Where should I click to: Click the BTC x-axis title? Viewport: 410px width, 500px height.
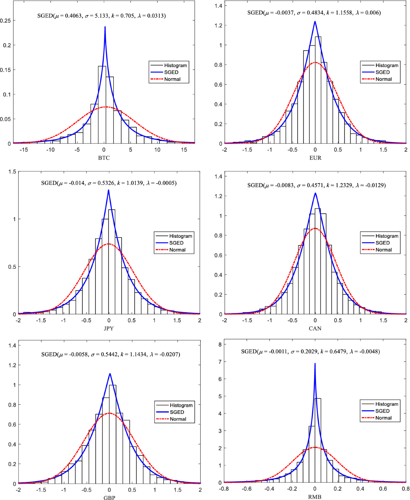click(x=104, y=158)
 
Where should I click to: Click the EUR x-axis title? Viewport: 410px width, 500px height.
click(x=315, y=158)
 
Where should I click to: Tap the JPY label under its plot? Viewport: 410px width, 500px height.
click(x=109, y=328)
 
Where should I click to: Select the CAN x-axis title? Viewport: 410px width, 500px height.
click(x=315, y=328)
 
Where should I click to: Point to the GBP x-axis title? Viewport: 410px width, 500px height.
click(x=109, y=498)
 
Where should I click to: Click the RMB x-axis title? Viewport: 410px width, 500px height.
click(x=315, y=497)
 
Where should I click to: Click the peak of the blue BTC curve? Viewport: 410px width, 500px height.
click(x=105, y=27)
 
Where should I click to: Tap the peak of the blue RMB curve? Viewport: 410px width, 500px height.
click(x=315, y=364)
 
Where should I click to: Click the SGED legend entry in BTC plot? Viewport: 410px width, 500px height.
click(x=171, y=72)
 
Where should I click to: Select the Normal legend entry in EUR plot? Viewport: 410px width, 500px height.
click(x=383, y=79)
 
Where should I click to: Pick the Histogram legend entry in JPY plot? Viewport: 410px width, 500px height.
click(x=180, y=236)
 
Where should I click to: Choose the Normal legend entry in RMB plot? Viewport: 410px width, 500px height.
click(x=383, y=418)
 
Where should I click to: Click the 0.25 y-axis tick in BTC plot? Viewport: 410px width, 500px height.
click(x=5, y=21)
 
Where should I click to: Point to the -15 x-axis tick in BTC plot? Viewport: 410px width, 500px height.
click(x=24, y=150)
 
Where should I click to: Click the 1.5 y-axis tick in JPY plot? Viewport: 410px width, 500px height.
click(x=12, y=171)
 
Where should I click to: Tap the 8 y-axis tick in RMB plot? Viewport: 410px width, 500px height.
click(x=220, y=345)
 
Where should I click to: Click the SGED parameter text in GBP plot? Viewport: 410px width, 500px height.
click(x=111, y=354)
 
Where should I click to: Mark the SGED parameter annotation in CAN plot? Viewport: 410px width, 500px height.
click(x=316, y=185)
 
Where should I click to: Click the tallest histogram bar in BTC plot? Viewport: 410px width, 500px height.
click(x=102, y=103)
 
